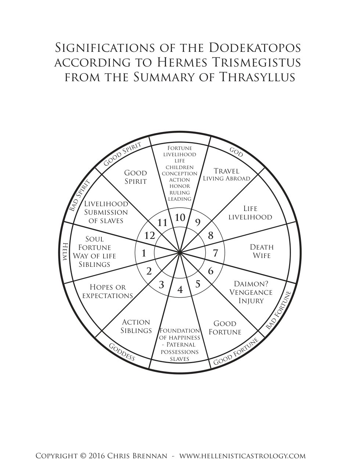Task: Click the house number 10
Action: (180, 218)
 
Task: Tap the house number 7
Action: (216, 253)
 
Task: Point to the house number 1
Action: (144, 254)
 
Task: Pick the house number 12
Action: (150, 236)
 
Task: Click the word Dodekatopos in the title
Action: (255, 48)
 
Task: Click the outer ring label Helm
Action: (65, 251)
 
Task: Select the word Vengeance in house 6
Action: (251, 292)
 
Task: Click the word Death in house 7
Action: (262, 247)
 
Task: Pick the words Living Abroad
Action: (227, 178)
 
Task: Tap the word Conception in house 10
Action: (180, 173)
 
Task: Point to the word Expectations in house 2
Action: (108, 296)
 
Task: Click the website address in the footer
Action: (242, 448)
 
